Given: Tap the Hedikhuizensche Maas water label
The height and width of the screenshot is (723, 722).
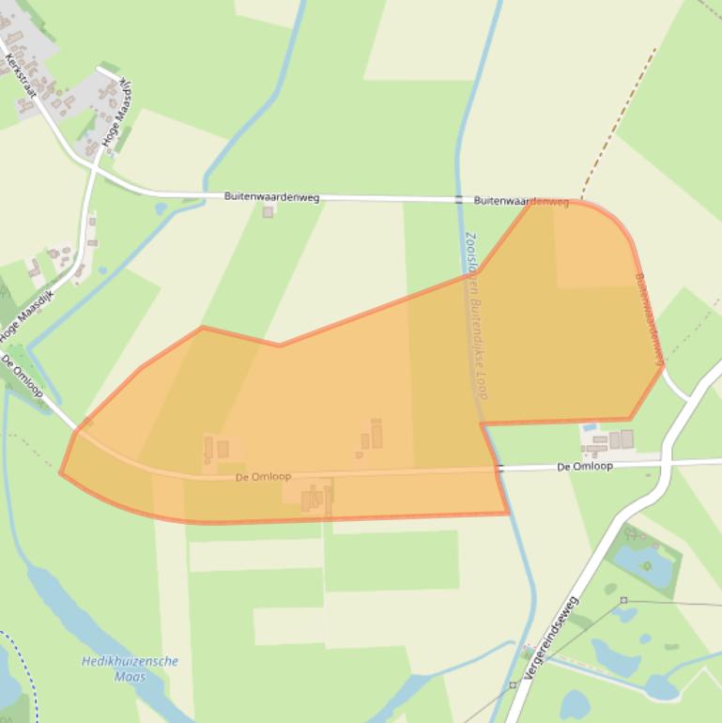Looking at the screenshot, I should [130, 669].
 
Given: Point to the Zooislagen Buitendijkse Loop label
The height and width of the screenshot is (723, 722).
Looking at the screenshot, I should [478, 315].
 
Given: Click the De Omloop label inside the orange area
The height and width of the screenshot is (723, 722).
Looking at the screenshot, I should [263, 477].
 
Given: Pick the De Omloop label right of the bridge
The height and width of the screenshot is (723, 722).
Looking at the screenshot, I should [584, 466].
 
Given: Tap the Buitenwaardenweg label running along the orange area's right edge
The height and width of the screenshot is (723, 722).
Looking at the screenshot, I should [650, 319].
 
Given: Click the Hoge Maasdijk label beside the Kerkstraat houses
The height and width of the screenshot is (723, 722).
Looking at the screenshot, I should [117, 111].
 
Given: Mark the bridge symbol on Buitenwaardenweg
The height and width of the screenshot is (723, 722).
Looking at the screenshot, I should [458, 200].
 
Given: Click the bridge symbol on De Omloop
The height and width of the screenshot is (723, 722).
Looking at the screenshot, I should [499, 468].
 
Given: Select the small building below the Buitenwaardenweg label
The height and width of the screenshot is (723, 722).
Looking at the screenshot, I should [268, 212].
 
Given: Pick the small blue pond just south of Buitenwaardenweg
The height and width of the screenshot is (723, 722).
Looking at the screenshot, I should [161, 208].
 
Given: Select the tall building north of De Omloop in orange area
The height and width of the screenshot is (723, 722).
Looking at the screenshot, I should [376, 434].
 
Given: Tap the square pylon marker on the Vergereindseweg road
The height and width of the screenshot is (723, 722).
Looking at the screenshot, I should [513, 685].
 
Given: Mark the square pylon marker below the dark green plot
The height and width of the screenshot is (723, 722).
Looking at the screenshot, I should [622, 599].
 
